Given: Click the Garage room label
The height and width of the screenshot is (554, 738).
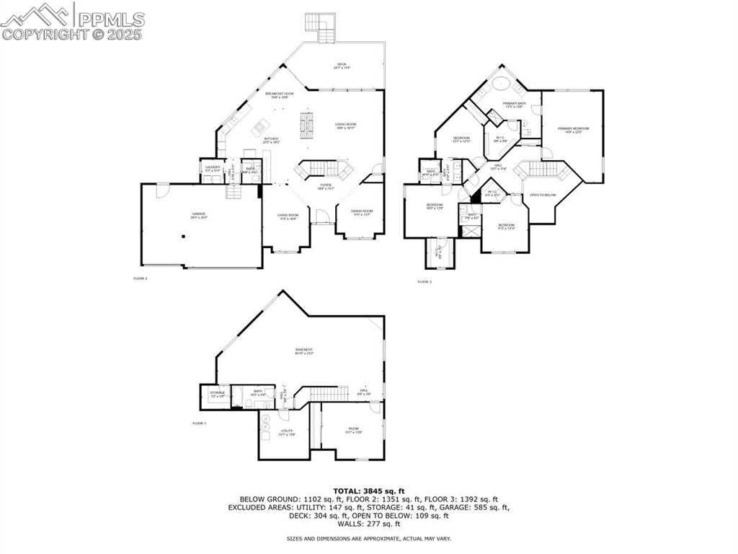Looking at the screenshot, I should click(199, 214).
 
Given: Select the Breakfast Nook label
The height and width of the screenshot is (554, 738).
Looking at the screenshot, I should click(280, 94).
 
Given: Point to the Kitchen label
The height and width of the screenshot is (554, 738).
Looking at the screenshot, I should click(271, 139).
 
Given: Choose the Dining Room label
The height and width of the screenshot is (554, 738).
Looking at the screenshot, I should click(361, 212).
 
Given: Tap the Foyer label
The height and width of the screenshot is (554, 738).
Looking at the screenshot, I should click(324, 185).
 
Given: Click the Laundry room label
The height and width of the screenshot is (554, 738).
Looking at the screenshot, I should click(212, 168).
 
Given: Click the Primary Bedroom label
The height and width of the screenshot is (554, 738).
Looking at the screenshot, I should click(573, 129).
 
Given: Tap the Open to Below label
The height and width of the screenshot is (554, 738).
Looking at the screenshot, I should click(543, 195).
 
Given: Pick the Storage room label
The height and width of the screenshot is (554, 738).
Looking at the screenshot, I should click(218, 393).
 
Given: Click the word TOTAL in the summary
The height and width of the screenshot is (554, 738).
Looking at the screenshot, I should click(348, 491).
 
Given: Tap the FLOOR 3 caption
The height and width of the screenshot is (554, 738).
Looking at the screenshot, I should click(424, 281).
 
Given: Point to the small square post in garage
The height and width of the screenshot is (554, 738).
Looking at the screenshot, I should click(183, 236).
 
